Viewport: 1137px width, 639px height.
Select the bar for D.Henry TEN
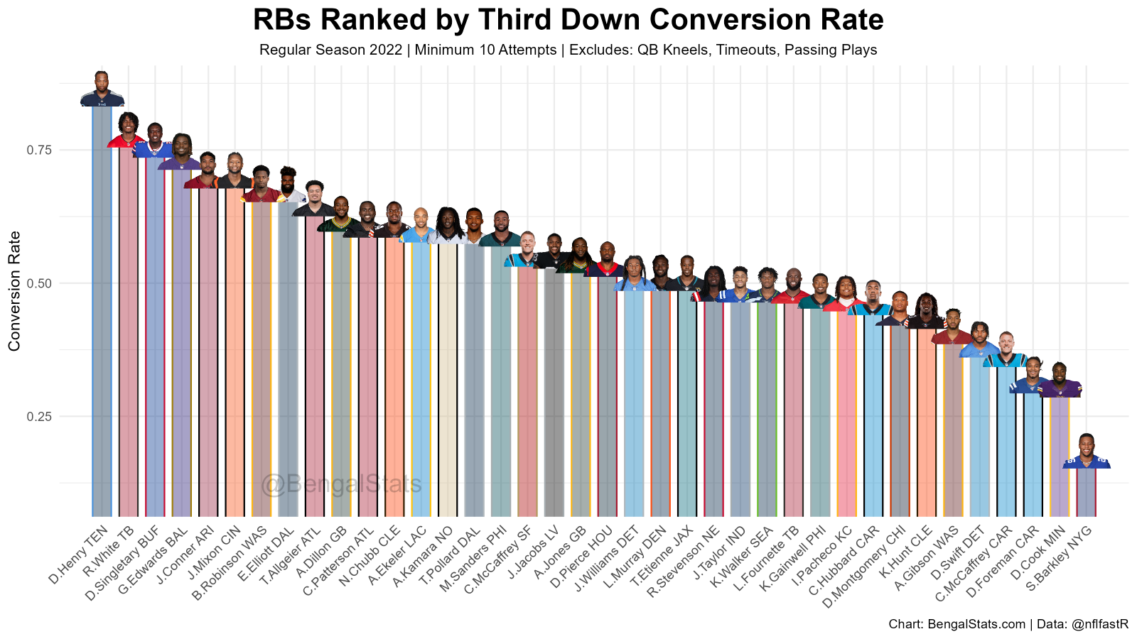point(102,312)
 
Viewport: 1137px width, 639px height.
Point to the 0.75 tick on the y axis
point(41,150)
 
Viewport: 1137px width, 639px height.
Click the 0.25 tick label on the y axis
point(41,416)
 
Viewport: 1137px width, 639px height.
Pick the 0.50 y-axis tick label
point(41,283)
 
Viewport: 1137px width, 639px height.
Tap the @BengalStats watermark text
point(341,485)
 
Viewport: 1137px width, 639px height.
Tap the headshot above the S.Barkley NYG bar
point(1087,452)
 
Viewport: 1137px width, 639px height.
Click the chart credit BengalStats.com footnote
point(1008,625)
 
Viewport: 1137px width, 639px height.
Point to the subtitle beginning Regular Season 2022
point(568,50)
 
